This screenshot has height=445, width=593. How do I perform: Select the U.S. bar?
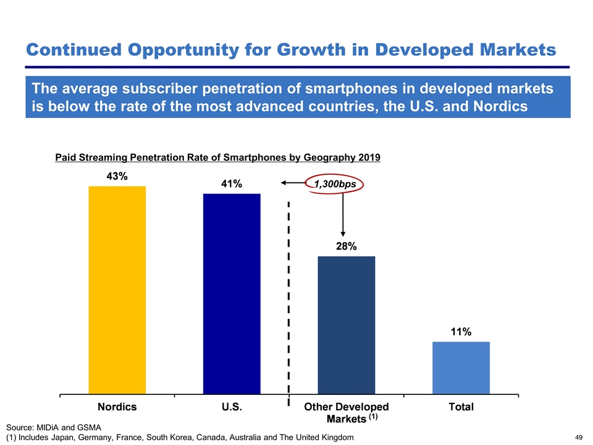coord(232,293)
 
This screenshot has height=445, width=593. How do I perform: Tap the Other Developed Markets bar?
coord(346,324)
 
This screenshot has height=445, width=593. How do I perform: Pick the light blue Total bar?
coord(461,367)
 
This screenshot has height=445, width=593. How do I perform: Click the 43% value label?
coord(117,176)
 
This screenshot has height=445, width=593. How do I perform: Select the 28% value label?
coord(346,246)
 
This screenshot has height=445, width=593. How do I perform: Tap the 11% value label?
coord(461,332)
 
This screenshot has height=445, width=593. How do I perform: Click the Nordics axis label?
coord(117,407)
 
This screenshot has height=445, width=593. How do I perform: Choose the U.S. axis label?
coord(232,407)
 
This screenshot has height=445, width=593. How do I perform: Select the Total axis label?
coord(461,407)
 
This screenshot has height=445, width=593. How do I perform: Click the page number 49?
coord(579,438)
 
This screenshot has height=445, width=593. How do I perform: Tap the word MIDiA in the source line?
coord(51,427)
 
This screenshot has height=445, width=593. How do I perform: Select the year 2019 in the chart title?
coord(368,158)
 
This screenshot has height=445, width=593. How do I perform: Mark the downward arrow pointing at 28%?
coord(342,216)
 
